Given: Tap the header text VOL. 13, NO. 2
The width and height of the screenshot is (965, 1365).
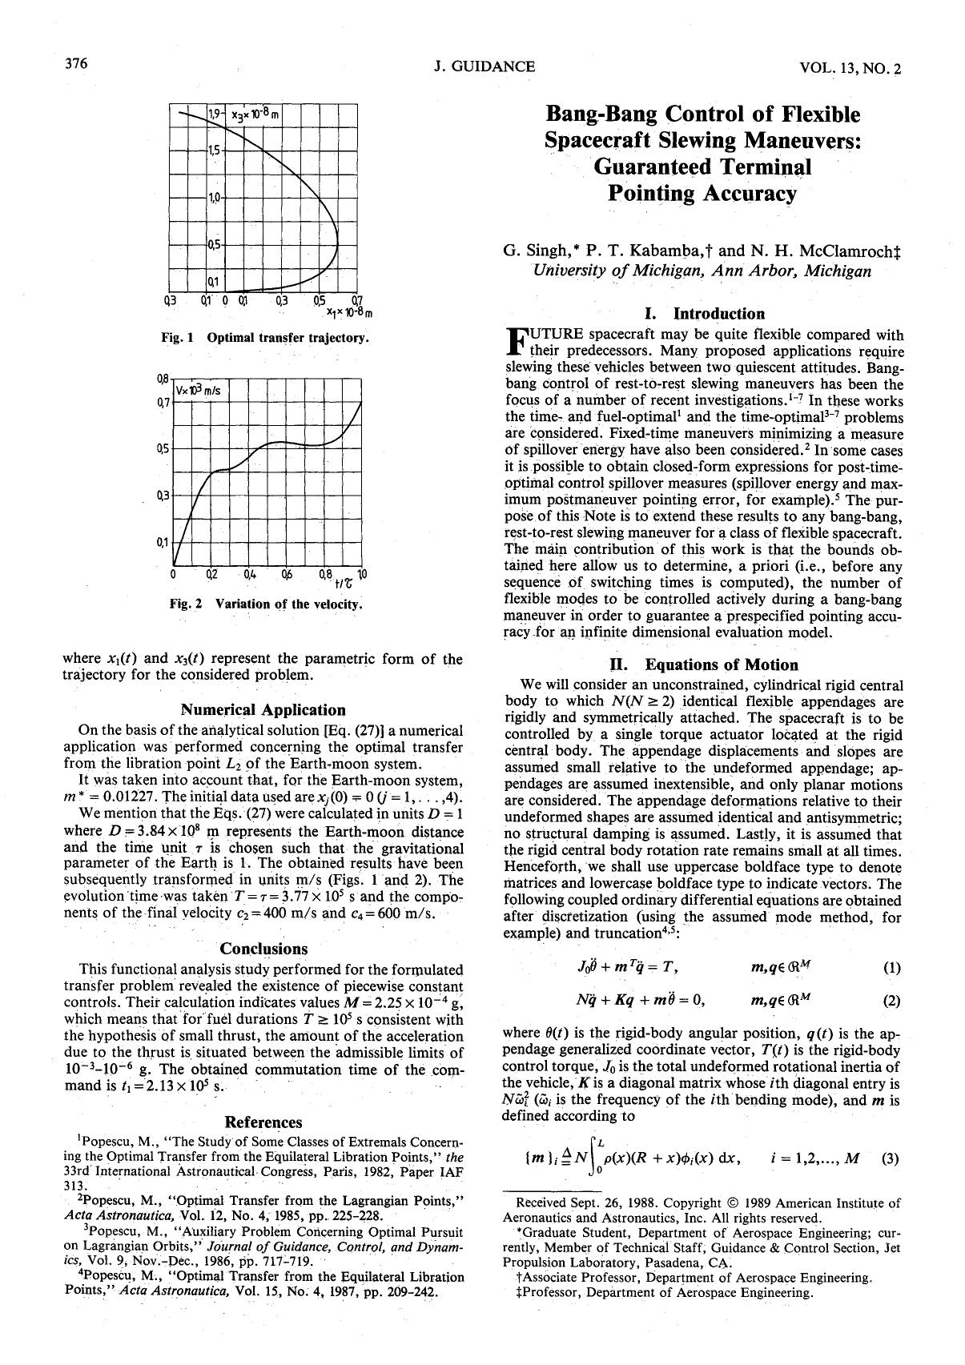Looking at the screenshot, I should tap(850, 69).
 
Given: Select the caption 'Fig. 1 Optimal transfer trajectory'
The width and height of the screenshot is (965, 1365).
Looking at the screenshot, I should tap(265, 338).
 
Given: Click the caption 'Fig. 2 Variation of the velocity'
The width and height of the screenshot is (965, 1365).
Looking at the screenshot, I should tap(265, 604).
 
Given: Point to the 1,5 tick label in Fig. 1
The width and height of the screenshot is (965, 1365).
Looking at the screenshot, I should tap(214, 149).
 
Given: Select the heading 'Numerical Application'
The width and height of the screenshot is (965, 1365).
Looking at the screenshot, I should tap(263, 709).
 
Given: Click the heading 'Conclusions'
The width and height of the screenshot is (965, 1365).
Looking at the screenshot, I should tap(263, 949).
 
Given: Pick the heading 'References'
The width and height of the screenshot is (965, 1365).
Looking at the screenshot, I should tap(263, 1122).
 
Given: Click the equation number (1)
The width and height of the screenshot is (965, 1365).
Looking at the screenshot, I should tap(891, 967).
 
